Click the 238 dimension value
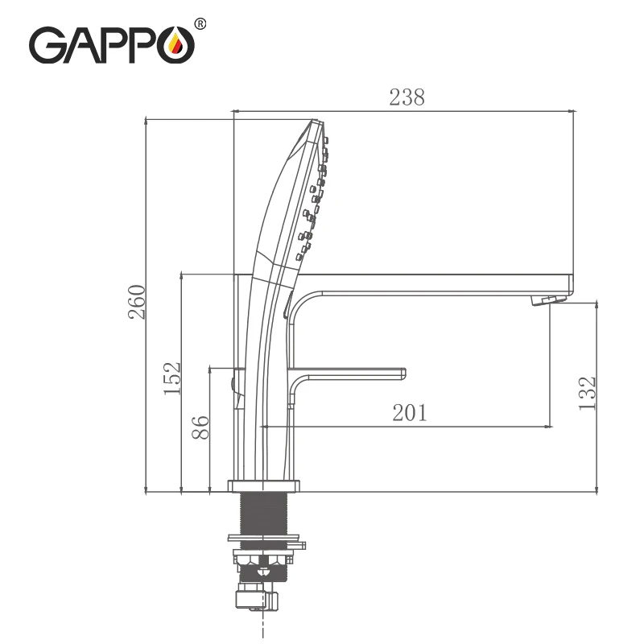[407, 97]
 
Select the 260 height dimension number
[137, 302]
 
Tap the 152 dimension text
[171, 378]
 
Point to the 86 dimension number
[200, 427]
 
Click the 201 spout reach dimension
[410, 413]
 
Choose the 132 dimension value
[587, 393]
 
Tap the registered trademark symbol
[200, 24]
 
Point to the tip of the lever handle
[405, 374]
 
